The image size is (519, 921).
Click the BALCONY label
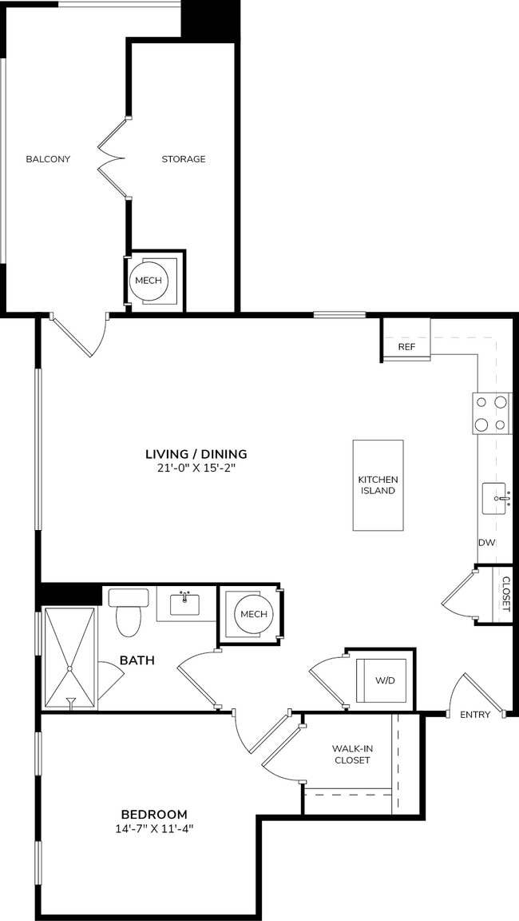(48, 159)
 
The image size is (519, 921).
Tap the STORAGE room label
(184, 159)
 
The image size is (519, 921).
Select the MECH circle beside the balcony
(149, 281)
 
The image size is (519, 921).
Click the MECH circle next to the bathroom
(253, 614)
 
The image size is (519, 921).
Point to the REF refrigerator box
(406, 347)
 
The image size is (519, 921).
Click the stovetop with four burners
(492, 413)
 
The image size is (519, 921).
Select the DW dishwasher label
(487, 543)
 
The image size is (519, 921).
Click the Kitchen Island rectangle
(378, 485)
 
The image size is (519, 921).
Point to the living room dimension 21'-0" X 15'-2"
(196, 468)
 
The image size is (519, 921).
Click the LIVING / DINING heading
(196, 453)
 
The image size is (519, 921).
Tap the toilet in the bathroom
(127, 614)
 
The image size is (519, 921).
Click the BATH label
(137, 660)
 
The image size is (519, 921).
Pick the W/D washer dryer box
(385, 681)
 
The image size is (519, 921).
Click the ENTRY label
(475, 715)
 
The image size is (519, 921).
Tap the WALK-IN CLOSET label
(352, 755)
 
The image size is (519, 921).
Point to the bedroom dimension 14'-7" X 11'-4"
(155, 828)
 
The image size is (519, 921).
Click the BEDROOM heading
(155, 813)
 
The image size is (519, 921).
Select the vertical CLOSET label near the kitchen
(505, 594)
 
